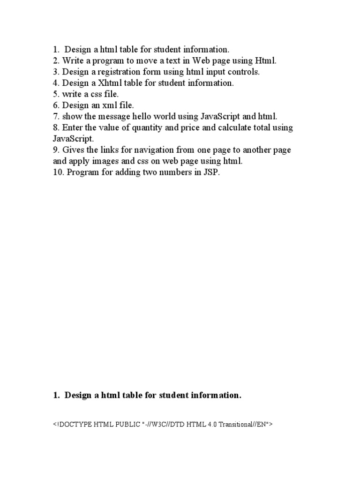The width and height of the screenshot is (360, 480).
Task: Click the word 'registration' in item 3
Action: pyautogui.click(x=119, y=72)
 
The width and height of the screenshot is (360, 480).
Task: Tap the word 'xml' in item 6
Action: pyautogui.click(x=107, y=105)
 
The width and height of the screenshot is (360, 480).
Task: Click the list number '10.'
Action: pyautogui.click(x=58, y=172)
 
